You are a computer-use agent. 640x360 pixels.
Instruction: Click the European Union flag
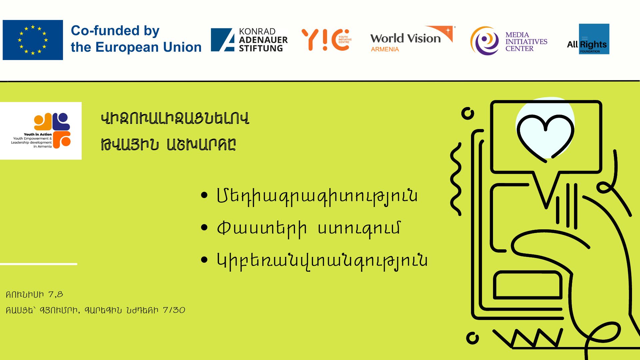click(33, 40)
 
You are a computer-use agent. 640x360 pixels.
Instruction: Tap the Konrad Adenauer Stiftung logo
click(249, 40)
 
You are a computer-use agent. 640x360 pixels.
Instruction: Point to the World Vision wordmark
click(405, 38)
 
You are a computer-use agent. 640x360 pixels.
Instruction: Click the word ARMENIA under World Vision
click(385, 49)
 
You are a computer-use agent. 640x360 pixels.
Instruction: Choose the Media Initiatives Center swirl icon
click(485, 41)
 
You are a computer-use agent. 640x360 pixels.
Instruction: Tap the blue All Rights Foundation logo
click(594, 39)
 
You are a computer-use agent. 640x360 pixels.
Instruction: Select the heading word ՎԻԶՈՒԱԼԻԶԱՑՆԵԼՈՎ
click(175, 119)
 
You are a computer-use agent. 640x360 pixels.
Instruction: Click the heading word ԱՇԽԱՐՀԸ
click(201, 145)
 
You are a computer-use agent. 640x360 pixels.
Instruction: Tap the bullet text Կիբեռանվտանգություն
click(322, 261)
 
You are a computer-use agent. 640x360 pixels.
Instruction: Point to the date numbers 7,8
click(56, 295)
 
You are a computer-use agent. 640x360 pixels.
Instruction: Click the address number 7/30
click(174, 310)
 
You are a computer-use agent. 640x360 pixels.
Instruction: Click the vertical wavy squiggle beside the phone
click(456, 179)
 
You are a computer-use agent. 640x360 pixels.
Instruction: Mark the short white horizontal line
click(39, 264)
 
